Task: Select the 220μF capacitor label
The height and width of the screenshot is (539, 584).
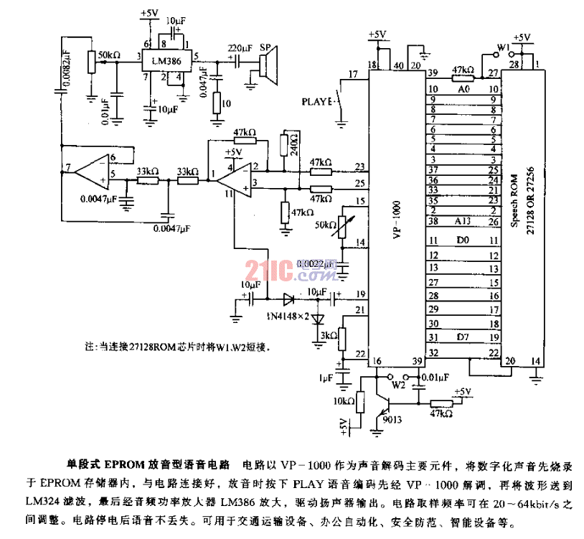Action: (240, 48)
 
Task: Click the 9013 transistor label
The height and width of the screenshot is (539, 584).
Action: (393, 419)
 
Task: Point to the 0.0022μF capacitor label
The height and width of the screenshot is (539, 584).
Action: (319, 264)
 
